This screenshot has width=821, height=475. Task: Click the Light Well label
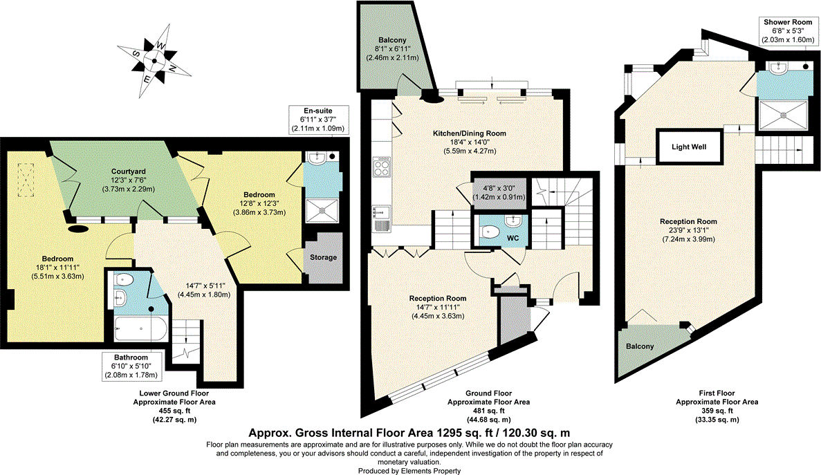point(688,147)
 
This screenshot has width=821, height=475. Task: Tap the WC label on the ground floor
point(513,238)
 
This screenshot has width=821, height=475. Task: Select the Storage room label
point(323,257)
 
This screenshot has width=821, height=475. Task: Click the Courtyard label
point(128,171)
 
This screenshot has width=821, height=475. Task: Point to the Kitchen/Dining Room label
point(469,133)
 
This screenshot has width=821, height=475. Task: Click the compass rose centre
point(154,61)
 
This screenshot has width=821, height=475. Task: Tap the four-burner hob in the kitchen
point(381,167)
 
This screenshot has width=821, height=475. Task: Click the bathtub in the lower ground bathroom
point(141,329)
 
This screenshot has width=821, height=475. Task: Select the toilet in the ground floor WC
point(490,231)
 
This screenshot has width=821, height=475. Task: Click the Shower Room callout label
point(788,30)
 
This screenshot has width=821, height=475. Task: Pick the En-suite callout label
point(318,120)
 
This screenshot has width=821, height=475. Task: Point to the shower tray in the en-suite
point(323,210)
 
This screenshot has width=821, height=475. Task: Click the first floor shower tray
point(784,114)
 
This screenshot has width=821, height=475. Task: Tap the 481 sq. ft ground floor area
point(488,411)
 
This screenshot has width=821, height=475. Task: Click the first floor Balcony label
point(640,346)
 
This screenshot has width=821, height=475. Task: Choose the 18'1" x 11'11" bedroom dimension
point(57,268)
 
